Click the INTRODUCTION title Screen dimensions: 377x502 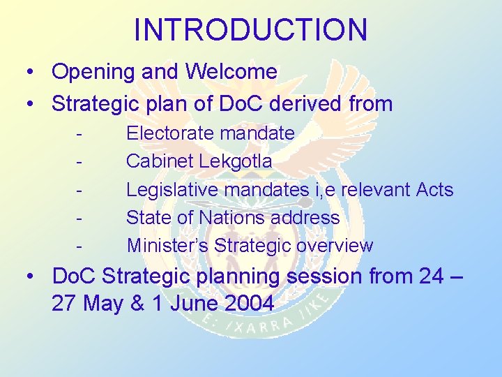(x=250, y=30)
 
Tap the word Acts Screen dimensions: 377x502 (x=434, y=189)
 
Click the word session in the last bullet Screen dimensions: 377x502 (x=324, y=276)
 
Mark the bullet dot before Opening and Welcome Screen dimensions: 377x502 (x=31, y=73)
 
